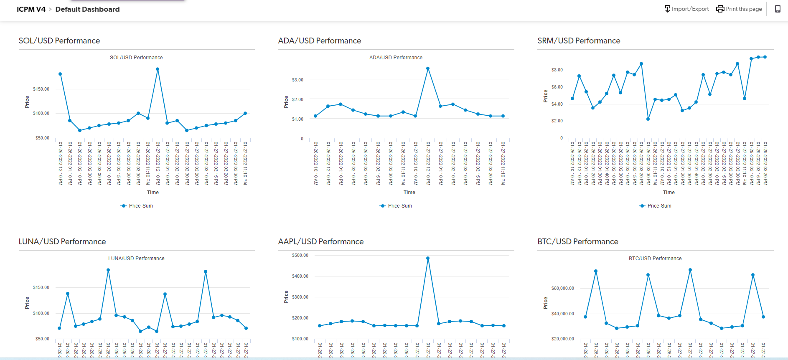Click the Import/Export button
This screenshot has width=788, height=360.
pyautogui.click(x=687, y=9)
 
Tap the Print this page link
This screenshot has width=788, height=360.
pyautogui.click(x=739, y=9)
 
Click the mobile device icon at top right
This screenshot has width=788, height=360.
pyautogui.click(x=778, y=9)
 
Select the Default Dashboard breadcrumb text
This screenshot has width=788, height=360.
pyautogui.click(x=87, y=9)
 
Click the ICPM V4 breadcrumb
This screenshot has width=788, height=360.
pyautogui.click(x=31, y=9)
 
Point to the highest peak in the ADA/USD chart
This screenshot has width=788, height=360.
pyautogui.click(x=428, y=68)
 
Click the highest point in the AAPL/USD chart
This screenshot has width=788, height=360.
pyautogui.click(x=428, y=258)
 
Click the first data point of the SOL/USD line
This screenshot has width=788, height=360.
pyautogui.click(x=60, y=74)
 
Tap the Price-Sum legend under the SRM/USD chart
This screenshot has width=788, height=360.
pyautogui.click(x=655, y=206)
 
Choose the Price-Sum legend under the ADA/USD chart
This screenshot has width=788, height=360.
pyautogui.click(x=396, y=206)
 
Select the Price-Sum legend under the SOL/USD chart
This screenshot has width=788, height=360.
pyautogui.click(x=137, y=206)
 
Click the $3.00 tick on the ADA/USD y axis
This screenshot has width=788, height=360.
pyautogui.click(x=297, y=80)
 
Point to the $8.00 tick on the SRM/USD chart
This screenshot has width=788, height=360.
pyautogui.click(x=557, y=70)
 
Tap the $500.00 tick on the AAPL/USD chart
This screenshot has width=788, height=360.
pyautogui.click(x=300, y=255)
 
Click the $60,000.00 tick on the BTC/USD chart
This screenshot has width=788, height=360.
pyautogui.click(x=562, y=288)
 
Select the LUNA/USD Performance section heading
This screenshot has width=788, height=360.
pyautogui.click(x=62, y=242)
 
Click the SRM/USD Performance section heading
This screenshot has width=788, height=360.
pyautogui.click(x=579, y=41)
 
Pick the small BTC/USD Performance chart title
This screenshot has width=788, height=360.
pyautogui.click(x=655, y=259)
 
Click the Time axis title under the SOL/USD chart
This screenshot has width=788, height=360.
pyautogui.click(x=153, y=193)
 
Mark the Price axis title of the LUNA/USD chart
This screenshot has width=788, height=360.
pyautogui.click(x=27, y=303)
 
